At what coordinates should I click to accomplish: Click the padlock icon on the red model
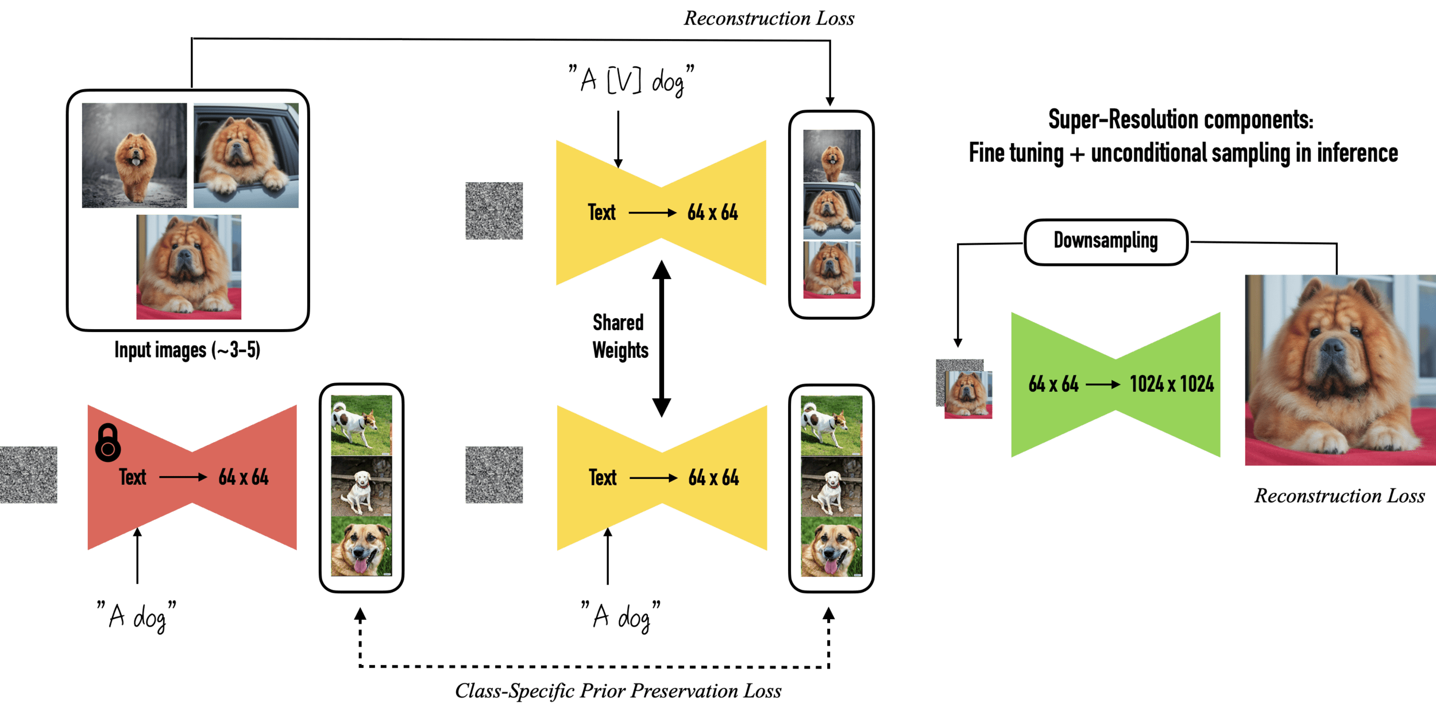(108, 443)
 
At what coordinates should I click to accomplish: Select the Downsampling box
(1106, 242)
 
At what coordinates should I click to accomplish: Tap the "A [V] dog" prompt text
(631, 80)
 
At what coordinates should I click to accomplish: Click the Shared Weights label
(620, 337)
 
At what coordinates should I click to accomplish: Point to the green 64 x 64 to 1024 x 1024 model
(1115, 385)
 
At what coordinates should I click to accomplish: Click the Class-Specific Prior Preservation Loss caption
(618, 690)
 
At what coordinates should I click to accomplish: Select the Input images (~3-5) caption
(187, 350)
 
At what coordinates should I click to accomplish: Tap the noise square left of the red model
(29, 476)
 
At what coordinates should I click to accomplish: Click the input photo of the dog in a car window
(246, 155)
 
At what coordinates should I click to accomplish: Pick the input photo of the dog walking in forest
(134, 155)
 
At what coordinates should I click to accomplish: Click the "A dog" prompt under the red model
(137, 616)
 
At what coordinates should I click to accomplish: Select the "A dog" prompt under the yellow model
(621, 616)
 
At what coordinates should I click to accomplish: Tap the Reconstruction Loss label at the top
(769, 18)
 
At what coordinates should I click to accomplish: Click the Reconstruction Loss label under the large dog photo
(1340, 496)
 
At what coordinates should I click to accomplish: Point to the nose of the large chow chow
(1332, 346)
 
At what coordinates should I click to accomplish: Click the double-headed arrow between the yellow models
(661, 338)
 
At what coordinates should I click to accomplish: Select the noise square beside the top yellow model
(494, 211)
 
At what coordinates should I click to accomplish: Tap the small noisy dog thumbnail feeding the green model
(964, 391)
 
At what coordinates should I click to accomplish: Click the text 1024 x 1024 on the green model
(1172, 384)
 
